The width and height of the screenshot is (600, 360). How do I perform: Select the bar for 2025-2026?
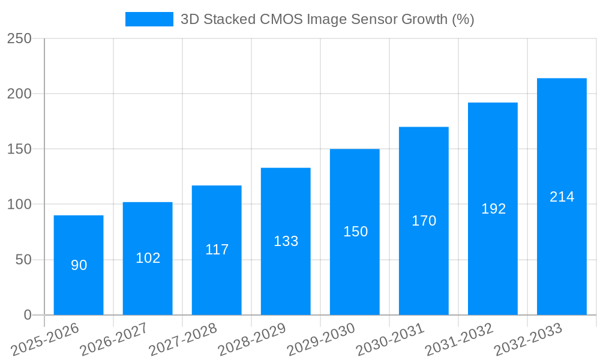tap(79, 265)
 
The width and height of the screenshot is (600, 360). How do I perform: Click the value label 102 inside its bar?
tap(148, 258)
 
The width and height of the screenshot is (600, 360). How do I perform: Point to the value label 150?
tap(355, 232)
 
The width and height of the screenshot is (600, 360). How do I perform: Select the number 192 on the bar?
tap(493, 209)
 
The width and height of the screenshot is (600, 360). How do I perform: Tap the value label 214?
tap(562, 197)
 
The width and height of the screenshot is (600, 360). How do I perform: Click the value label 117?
tap(217, 250)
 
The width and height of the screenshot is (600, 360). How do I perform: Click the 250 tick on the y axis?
tap(19, 38)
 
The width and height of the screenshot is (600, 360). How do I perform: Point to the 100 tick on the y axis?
tap(19, 205)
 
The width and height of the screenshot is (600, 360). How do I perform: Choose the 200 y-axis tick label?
tap(19, 94)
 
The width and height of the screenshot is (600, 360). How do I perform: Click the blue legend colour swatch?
tap(149, 19)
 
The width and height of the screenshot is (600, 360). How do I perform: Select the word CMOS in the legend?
tap(281, 19)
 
